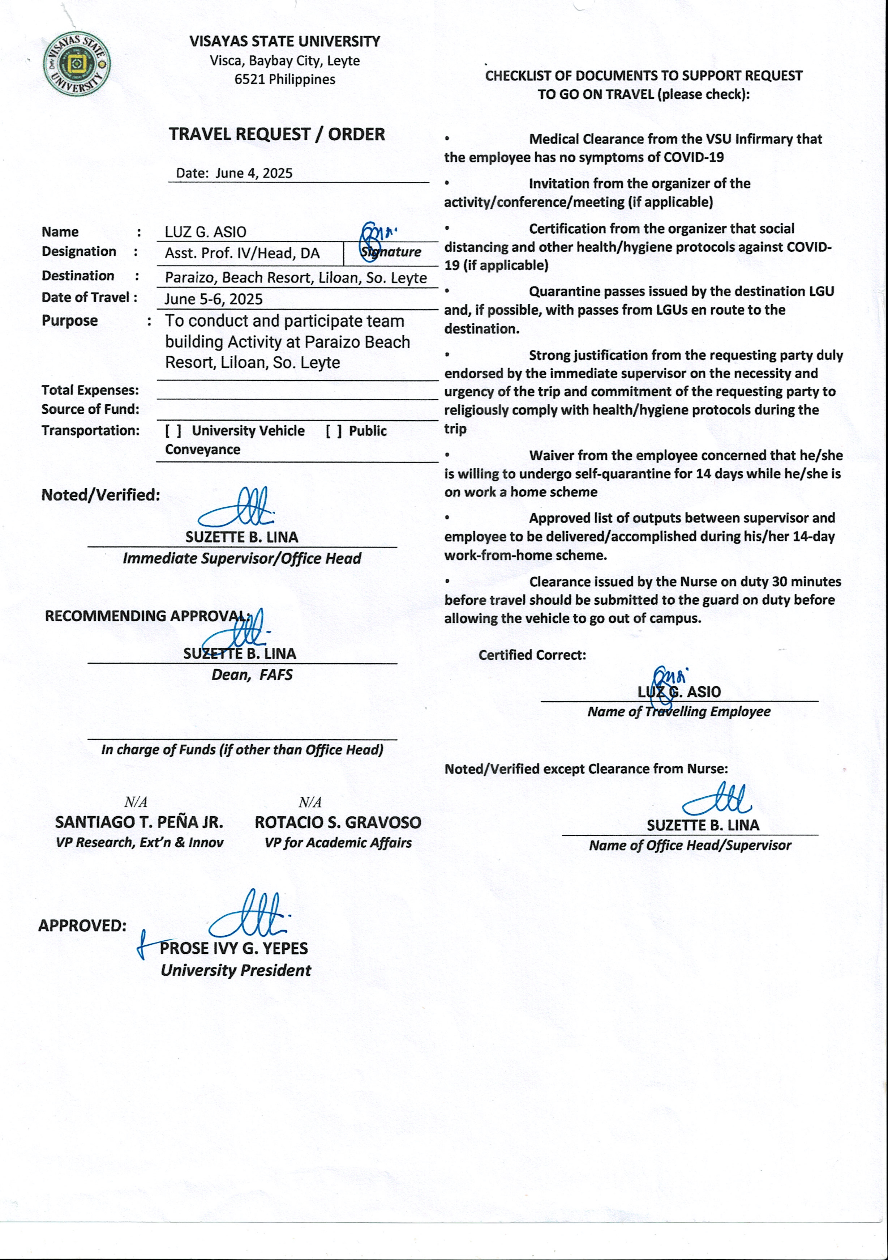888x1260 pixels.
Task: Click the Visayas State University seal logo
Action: click(76, 65)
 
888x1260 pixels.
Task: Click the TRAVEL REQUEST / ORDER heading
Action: click(276, 134)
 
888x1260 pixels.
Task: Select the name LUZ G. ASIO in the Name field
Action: click(206, 232)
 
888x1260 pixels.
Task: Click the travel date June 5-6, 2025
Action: click(213, 299)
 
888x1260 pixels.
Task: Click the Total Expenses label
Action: click(90, 390)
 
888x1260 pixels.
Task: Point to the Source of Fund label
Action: click(90, 409)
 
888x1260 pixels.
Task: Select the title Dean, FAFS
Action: click(252, 674)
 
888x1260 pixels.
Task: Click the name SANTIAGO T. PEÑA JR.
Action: click(139, 822)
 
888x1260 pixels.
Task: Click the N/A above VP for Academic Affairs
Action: click(310, 802)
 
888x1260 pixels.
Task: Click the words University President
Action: click(236, 970)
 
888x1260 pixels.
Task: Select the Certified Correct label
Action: click(532, 655)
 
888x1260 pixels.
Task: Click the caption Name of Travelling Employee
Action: click(678, 712)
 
